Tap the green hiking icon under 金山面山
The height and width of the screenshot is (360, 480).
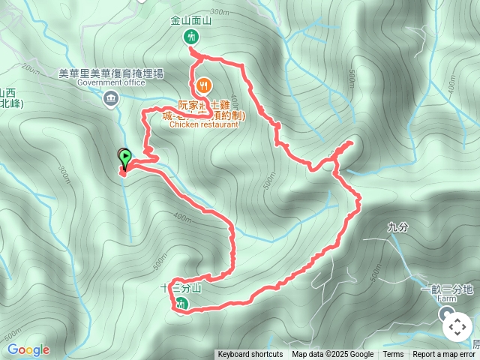point(190,37)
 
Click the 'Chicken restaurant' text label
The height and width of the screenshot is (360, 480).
point(204,125)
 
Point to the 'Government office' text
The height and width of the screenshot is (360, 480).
point(111,83)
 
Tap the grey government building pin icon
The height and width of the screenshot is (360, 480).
point(111,97)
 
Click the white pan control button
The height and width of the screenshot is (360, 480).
point(457,327)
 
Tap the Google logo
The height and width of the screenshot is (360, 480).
point(28,349)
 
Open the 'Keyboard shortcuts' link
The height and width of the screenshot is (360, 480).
point(250,355)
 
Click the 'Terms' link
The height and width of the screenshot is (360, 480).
point(393,355)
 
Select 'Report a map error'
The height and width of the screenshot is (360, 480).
point(445,355)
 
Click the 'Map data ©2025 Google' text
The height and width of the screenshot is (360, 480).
point(332,355)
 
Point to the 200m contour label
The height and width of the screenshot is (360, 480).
point(30,68)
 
